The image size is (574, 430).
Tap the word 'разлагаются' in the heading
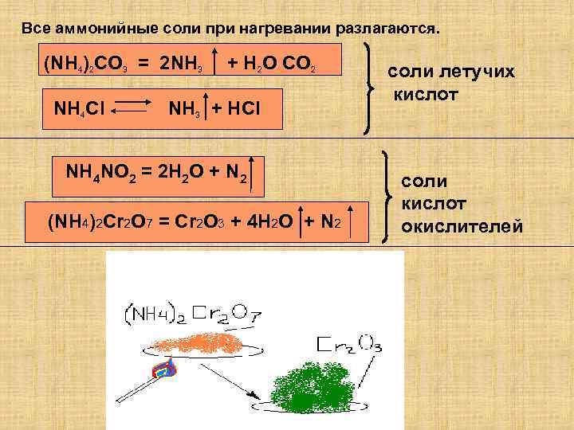(x=387, y=29)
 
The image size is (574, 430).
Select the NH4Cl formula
(x=77, y=107)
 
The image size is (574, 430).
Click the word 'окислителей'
(x=462, y=228)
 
